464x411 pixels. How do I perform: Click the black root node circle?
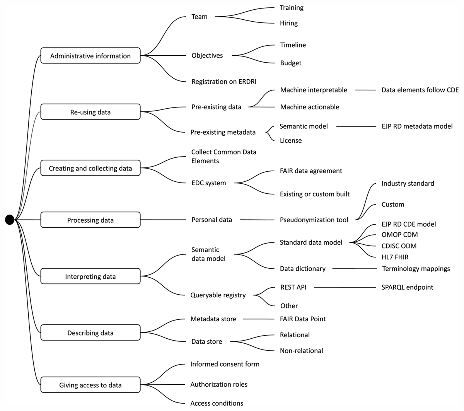point(10,220)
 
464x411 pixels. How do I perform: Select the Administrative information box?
point(90,56)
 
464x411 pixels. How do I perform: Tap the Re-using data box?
point(90,112)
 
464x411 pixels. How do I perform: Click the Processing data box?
point(90,220)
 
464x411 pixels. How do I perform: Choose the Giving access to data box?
point(90,385)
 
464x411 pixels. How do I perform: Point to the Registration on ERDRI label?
point(224,82)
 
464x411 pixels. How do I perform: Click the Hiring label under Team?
point(289,23)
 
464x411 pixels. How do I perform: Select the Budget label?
point(291,63)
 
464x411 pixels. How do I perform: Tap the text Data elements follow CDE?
point(420,90)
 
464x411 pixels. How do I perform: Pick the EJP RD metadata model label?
point(417,126)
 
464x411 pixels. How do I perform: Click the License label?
point(291,141)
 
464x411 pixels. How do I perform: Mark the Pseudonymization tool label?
point(314,220)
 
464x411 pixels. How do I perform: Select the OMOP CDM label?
point(399,235)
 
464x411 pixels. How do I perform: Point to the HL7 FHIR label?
point(395,257)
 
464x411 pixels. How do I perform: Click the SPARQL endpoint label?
point(407,287)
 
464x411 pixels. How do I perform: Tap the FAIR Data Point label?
point(303,319)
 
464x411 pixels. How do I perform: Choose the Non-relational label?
point(302,351)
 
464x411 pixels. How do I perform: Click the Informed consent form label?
point(225,364)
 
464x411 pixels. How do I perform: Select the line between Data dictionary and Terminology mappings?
point(354,269)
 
